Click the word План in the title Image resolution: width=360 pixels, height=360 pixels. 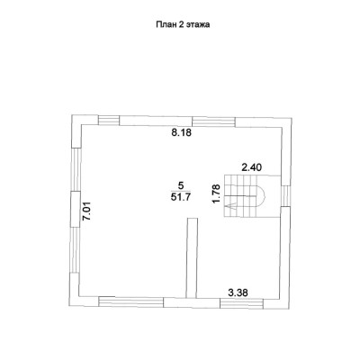pyautogui.click(x=166, y=24)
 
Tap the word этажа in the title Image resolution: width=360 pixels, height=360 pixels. pyautogui.click(x=198, y=25)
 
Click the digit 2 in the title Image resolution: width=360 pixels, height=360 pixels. pyautogui.click(x=181, y=24)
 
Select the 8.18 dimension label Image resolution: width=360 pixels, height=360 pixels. pyautogui.click(x=181, y=132)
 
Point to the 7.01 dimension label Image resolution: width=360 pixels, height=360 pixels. pyautogui.click(x=86, y=211)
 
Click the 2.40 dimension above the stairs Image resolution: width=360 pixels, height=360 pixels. pyautogui.click(x=252, y=167)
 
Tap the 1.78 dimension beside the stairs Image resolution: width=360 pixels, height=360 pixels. pyautogui.click(x=216, y=193)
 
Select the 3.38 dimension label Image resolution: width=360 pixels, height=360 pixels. pyautogui.click(x=238, y=292)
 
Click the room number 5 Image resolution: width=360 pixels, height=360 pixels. pyautogui.click(x=180, y=185)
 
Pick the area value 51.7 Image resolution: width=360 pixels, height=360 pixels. pyautogui.click(x=181, y=197)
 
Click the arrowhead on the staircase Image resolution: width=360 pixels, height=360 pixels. pyautogui.click(x=231, y=205)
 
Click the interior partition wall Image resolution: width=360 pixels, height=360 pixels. pyautogui.click(x=192, y=258)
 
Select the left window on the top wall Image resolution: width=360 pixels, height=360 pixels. pyautogui.click(x=109, y=121)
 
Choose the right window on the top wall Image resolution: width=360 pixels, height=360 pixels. pyautogui.click(x=213, y=121)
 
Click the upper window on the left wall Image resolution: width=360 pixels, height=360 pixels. pyautogui.click(x=76, y=169)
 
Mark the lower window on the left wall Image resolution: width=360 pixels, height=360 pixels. pyautogui.click(x=75, y=249)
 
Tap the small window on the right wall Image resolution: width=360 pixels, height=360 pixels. pyautogui.click(x=286, y=195)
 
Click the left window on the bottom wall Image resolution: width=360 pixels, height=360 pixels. pyautogui.click(x=131, y=301)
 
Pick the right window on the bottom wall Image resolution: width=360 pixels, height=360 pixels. pyautogui.click(x=242, y=303)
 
